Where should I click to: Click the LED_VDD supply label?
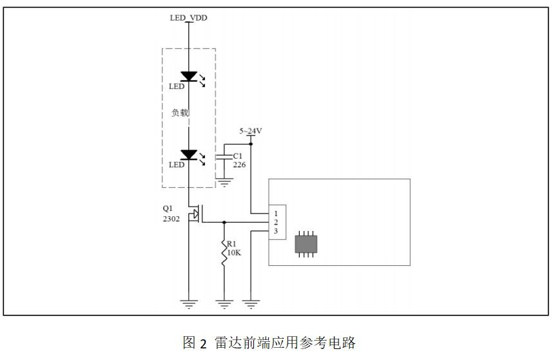tap(188, 17)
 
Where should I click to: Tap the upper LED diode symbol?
tap(189, 76)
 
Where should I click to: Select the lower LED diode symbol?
tap(189, 155)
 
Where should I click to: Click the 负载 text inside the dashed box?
tap(180, 112)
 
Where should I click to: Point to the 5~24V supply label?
tap(251, 131)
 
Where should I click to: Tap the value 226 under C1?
tap(239, 165)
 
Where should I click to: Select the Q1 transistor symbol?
tap(195, 214)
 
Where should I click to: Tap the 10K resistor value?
tap(233, 253)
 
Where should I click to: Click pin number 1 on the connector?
tap(275, 213)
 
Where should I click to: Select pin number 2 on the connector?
tap(275, 222)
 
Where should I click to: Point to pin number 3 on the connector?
tap(275, 231)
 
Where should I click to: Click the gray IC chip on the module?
tap(306, 244)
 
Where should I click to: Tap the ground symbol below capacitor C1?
tap(224, 183)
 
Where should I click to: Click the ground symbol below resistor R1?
tap(224, 303)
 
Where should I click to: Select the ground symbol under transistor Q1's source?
tap(189, 303)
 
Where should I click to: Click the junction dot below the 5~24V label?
tap(251, 145)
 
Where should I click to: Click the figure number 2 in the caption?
tap(203, 343)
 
